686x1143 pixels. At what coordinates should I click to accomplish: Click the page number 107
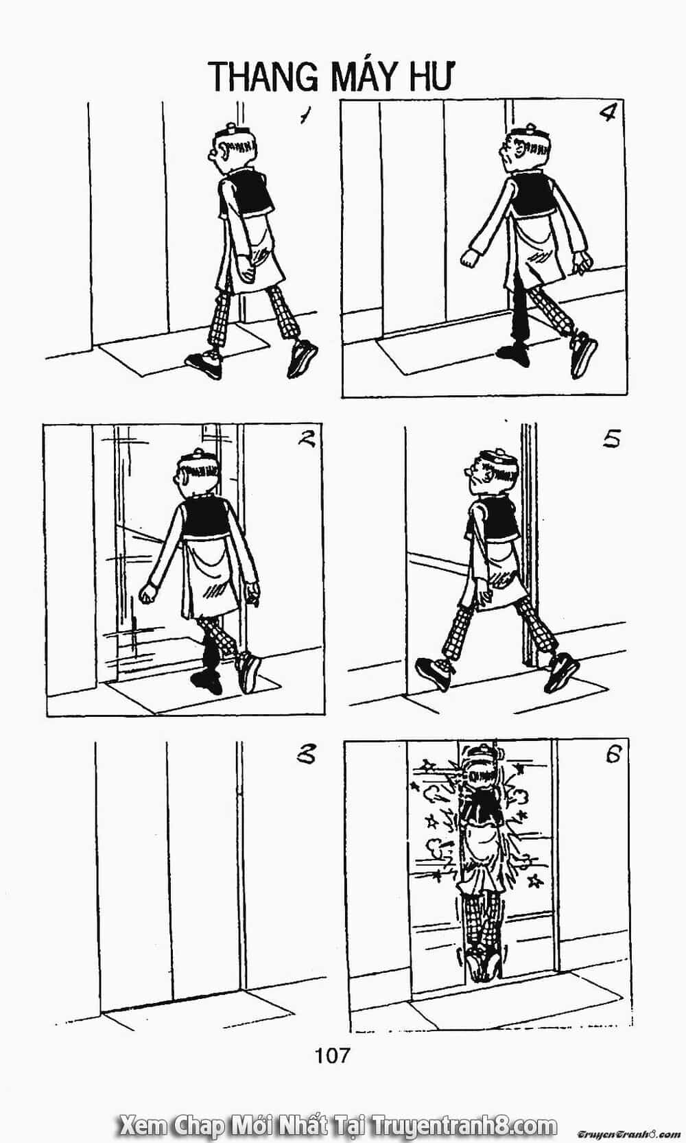click(333, 1054)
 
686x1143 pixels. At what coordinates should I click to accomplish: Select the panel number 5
click(611, 440)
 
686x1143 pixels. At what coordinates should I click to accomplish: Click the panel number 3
click(306, 755)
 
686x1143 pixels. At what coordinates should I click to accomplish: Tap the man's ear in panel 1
click(223, 151)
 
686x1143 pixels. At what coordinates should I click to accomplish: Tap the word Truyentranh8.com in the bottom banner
click(464, 1124)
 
